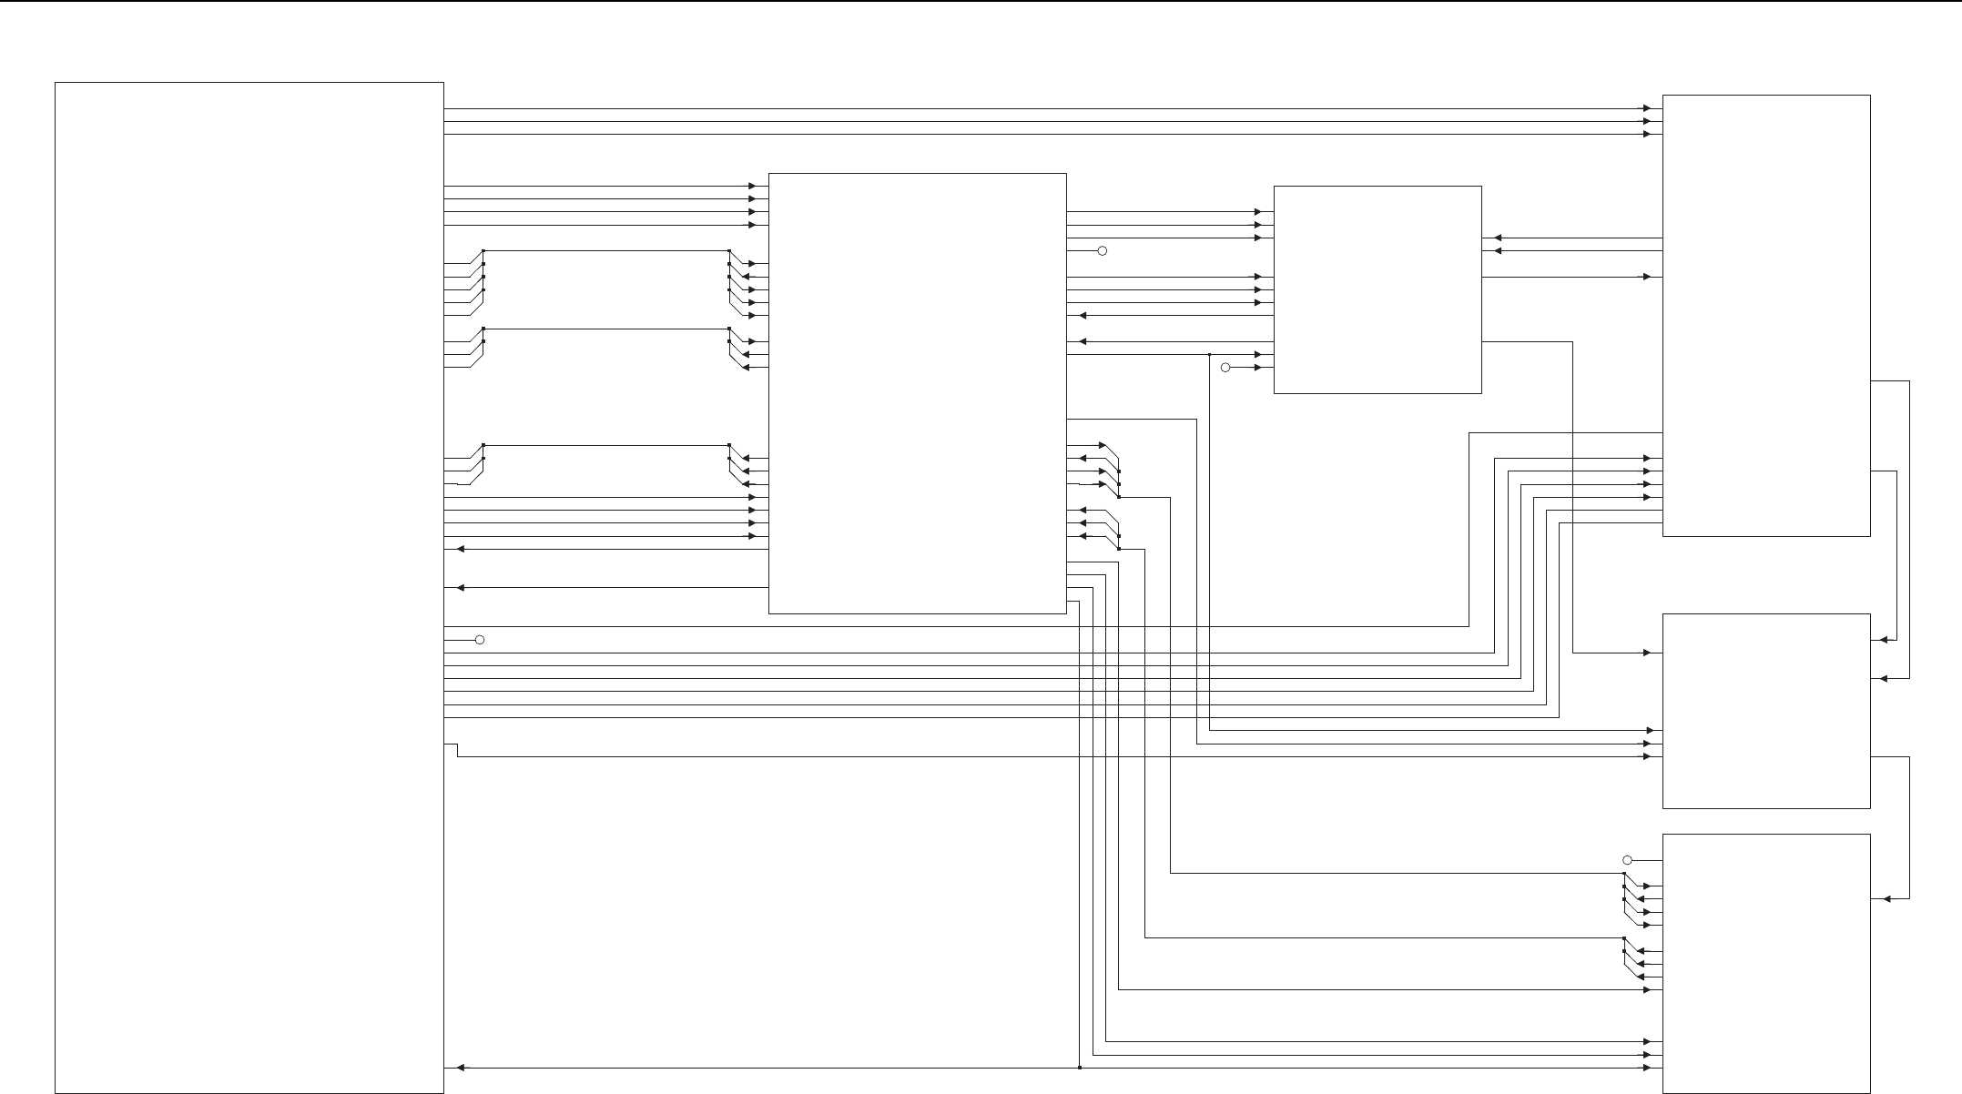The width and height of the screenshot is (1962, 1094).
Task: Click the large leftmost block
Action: click(249, 587)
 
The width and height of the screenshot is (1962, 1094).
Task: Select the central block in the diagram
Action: click(917, 393)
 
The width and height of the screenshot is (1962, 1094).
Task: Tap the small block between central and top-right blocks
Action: click(1377, 289)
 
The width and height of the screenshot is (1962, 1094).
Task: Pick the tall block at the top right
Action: click(1766, 315)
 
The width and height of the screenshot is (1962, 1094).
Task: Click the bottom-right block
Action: click(1766, 963)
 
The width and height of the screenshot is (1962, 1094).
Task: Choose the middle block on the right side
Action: click(1766, 711)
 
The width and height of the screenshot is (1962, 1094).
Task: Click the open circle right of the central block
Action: click(1102, 250)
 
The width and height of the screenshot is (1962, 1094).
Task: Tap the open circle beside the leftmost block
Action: click(480, 640)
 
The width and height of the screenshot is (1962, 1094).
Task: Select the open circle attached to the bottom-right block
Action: click(1628, 860)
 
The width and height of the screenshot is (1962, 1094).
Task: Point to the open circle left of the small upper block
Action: click(1225, 368)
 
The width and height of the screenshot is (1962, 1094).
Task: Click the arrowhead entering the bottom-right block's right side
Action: click(1886, 899)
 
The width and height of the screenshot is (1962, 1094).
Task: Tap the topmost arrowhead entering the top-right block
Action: click(1646, 108)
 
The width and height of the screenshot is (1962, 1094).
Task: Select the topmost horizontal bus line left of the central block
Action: click(605, 250)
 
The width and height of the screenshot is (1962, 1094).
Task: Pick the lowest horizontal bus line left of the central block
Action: click(605, 445)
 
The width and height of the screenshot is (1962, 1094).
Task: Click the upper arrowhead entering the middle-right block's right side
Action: click(1884, 640)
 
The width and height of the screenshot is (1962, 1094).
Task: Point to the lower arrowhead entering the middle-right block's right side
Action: click(1884, 678)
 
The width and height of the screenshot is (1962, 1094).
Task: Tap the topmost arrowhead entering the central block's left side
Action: click(752, 186)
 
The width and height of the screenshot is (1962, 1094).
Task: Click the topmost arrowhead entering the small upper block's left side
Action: click(1257, 212)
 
